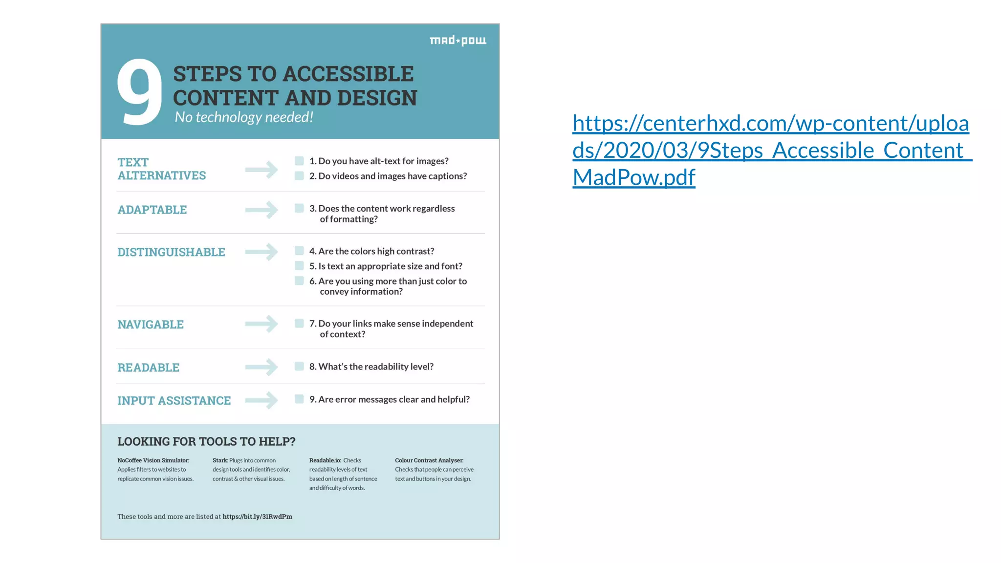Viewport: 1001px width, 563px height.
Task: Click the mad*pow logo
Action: pos(457,41)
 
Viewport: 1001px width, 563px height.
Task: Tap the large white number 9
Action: pos(140,92)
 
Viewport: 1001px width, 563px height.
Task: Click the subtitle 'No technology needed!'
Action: pos(244,117)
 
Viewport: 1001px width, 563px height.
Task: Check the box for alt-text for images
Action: pos(299,161)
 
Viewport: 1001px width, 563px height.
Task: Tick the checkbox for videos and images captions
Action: pos(299,176)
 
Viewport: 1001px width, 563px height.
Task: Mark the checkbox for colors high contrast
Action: pos(299,251)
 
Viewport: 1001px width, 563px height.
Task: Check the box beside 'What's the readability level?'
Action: pos(299,366)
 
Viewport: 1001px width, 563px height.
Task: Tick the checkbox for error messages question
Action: pos(299,399)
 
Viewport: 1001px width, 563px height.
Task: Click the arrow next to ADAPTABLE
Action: pos(261,210)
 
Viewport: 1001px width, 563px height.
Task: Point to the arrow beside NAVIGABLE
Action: pos(261,324)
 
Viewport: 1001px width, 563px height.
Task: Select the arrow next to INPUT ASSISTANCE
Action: pos(261,400)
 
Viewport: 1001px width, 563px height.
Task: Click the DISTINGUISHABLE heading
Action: pos(171,252)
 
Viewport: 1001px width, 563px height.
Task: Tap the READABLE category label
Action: pos(148,368)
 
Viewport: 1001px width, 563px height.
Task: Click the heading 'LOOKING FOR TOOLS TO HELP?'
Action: pos(206,441)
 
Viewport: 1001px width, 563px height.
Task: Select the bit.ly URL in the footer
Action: pos(257,517)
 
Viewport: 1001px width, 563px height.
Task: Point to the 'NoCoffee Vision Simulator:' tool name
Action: pos(153,460)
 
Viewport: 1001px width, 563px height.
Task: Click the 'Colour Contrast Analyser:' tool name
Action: pos(429,460)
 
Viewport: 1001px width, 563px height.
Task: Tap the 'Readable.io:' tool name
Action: pos(325,460)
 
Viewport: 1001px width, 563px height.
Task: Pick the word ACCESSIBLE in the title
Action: pos(348,74)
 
